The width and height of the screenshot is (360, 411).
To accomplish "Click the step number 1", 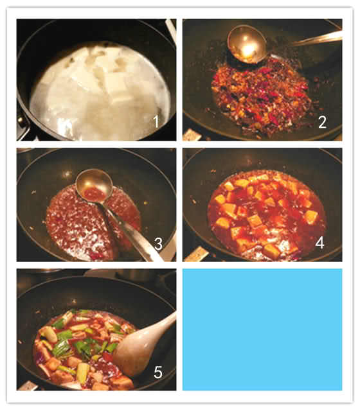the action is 156,121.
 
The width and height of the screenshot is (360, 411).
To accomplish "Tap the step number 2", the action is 322,122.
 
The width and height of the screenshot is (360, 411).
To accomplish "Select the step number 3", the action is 158,244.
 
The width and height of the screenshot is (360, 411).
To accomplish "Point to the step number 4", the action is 320,243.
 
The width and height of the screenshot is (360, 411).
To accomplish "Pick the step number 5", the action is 158,372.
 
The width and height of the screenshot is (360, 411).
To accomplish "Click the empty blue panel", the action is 262,329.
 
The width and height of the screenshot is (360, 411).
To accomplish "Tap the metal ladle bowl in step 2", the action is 247,44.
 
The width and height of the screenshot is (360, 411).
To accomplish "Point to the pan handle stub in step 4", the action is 196,254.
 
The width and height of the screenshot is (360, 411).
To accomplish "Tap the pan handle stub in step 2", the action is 192,135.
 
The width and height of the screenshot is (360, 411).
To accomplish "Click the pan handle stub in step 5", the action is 27,386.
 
